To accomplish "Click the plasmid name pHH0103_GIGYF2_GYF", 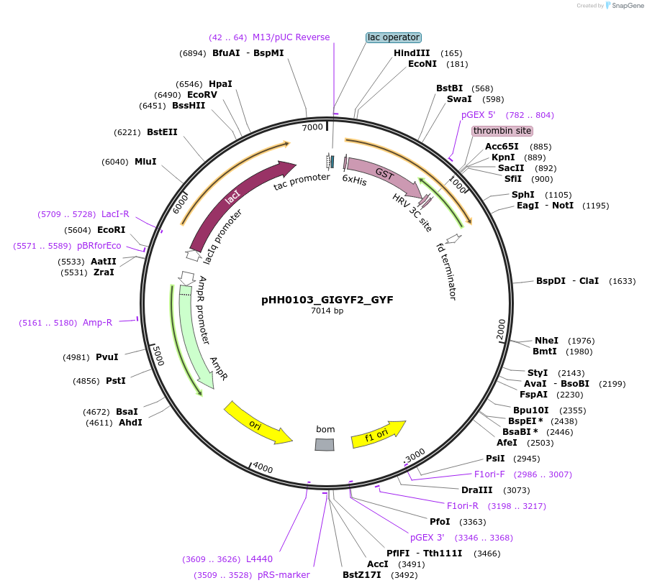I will coord(327,300).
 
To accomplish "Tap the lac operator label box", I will coord(393,37).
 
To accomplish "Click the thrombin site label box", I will coord(502,131).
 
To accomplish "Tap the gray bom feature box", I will coord(325,444).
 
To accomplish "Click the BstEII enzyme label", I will coord(162,132).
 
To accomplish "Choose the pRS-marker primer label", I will coord(283,575).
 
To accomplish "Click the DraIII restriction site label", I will coord(476,490).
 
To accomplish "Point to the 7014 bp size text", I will coord(327,311).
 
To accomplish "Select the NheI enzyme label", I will coord(546,341).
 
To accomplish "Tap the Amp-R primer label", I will coord(97,323).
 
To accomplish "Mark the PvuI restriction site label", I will coord(107,357).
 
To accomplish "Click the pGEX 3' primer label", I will coord(427,538).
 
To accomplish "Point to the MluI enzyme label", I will coord(145,162).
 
